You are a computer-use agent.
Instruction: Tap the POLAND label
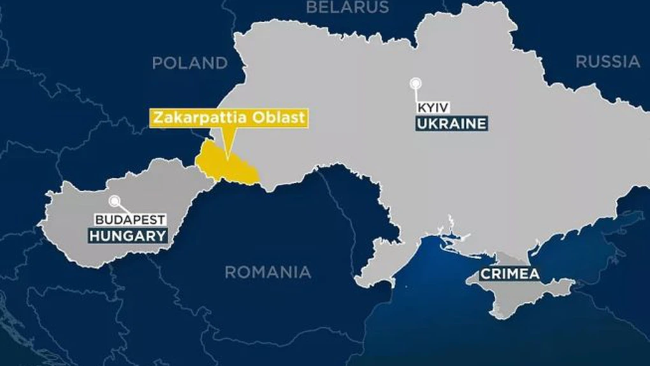(x=190, y=63)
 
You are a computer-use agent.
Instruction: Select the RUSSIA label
(x=607, y=62)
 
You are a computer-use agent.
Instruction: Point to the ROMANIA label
(x=268, y=272)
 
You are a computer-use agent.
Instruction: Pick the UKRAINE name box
(x=452, y=123)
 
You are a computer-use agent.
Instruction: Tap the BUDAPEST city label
(x=131, y=220)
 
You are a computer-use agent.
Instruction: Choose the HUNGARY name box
(x=127, y=236)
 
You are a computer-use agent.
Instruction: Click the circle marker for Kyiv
(x=416, y=83)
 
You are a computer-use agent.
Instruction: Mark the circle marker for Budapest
(x=115, y=201)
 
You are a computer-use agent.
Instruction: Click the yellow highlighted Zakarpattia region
(x=226, y=165)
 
